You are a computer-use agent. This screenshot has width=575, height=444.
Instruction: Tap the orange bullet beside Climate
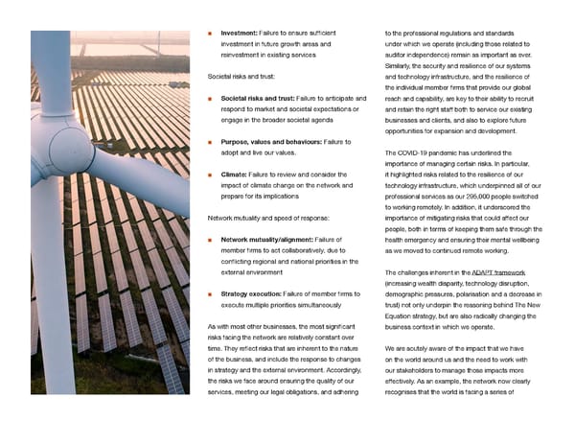point(209,175)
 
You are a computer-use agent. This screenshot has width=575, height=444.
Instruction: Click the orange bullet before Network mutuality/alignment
point(209,240)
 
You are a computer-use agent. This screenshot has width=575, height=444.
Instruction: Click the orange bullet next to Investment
point(209,34)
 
